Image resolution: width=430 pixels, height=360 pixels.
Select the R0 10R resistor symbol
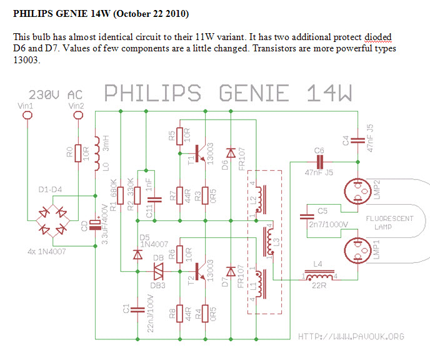click(78, 153)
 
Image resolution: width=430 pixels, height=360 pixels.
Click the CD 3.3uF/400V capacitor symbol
click(94, 223)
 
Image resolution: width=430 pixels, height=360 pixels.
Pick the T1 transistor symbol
click(199, 153)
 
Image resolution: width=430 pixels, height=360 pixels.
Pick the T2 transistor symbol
click(199, 271)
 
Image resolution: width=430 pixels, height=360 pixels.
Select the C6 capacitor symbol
click(319, 161)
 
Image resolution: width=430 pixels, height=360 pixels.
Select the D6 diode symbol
click(230, 153)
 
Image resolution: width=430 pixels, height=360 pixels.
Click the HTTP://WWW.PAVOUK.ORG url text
click(351, 336)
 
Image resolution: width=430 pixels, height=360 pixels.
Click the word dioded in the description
click(377, 38)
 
